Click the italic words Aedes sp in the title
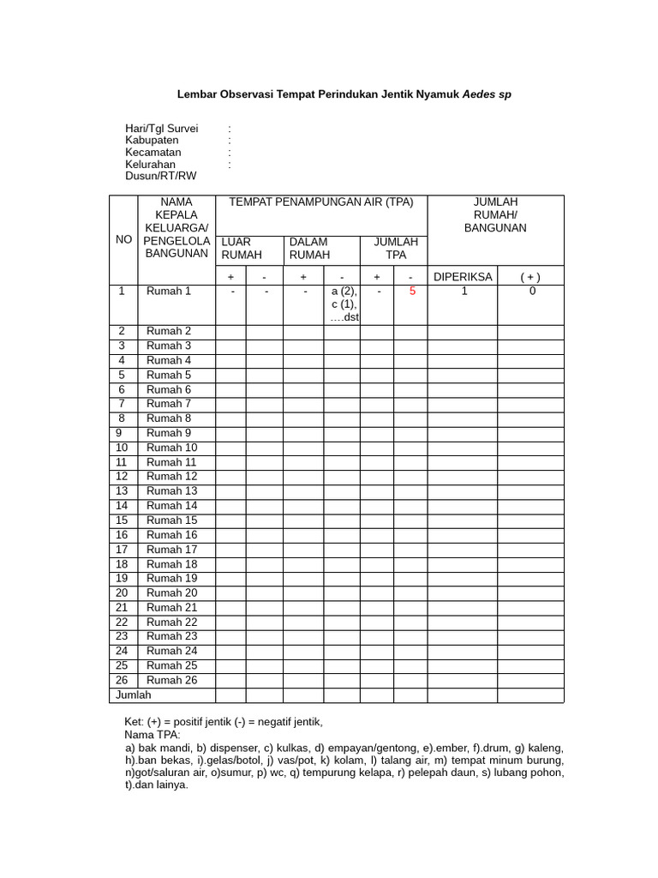point(487,94)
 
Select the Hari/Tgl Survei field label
point(161,129)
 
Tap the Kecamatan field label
point(153,153)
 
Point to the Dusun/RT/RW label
point(160,176)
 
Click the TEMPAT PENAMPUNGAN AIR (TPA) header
point(320,202)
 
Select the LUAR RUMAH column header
point(236,249)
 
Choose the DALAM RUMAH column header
point(308,249)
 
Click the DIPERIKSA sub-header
point(463,276)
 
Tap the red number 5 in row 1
point(412,292)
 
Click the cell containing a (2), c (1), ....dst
point(342,304)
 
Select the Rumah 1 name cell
point(169,292)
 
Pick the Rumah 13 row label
point(171,491)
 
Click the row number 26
point(122,680)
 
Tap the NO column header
point(123,240)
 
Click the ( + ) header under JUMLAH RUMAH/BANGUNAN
point(530,276)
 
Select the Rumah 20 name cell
point(171,592)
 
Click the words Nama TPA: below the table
point(153,736)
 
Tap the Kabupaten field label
point(152,141)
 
